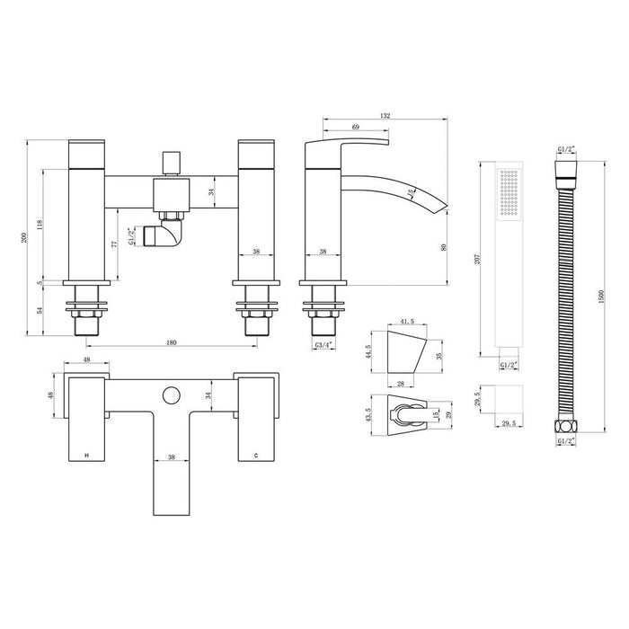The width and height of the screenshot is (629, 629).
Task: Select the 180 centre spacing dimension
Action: coord(171,341)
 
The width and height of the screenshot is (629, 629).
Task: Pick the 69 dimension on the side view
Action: coord(356,129)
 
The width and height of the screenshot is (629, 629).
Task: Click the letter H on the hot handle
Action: coord(86,457)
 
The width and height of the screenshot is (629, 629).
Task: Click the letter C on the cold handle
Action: coord(256,457)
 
